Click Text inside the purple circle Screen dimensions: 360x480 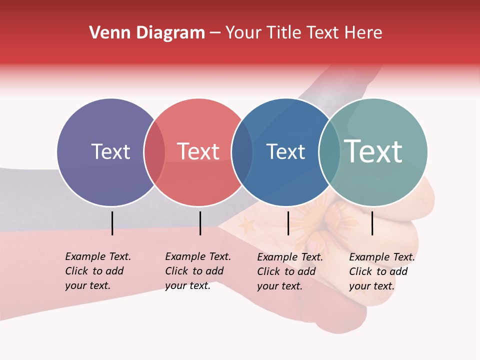point(110,151)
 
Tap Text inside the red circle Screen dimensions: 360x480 point(198,151)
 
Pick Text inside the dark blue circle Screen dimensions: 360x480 point(285,151)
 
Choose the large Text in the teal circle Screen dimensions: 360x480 point(373,151)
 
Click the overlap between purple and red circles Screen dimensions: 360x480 point(154,152)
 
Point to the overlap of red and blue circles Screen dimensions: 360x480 point(242,152)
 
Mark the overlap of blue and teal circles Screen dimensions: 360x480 point(329,152)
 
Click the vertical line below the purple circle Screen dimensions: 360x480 point(112,223)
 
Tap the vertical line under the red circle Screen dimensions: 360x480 point(200,223)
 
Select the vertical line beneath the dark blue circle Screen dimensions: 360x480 point(288,223)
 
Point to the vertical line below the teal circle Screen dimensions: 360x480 point(372,223)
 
